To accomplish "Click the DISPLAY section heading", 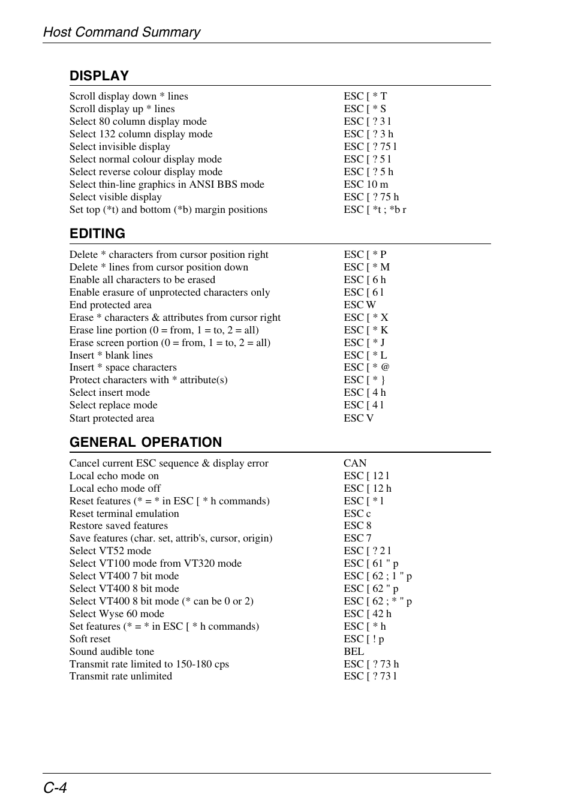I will coord(99,76).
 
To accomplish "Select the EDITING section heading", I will coord(97,233).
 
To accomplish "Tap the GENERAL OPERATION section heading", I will coord(146,442).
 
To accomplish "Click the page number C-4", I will coord(55,787).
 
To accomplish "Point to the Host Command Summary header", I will coord(122,32).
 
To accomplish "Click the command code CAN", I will coord(355,463).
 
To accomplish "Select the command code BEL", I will coord(354,651).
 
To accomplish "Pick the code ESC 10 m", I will coord(366,184).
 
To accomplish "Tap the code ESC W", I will coord(360,305).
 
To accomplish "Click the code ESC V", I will coord(359,418).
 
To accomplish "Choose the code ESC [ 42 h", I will coord(368,613).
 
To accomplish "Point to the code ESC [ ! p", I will coord(364,639).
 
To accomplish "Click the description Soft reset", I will coord(90,639).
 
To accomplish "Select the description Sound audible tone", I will coord(112,651).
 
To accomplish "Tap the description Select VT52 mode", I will coord(110,551).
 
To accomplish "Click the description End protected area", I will coord(110,305).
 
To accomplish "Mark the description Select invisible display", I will coord(120,146).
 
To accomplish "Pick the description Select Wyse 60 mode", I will coord(117,613).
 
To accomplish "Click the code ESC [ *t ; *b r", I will coord(375,209).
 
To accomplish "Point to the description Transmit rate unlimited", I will coord(121,676).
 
